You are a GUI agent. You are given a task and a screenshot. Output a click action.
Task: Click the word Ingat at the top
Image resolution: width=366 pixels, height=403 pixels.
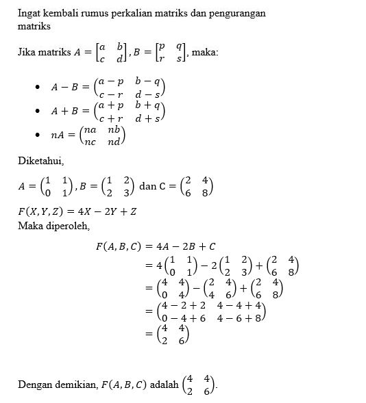point(29,13)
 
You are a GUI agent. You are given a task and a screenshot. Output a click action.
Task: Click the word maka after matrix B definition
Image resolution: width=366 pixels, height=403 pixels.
point(206,52)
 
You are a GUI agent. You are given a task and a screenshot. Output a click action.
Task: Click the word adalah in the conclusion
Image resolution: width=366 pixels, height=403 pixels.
point(162,385)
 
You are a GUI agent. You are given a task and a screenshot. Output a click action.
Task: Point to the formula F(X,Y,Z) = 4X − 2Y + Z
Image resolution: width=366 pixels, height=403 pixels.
point(77,211)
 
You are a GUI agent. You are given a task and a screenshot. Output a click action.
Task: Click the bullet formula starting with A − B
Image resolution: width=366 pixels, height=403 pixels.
point(108,87)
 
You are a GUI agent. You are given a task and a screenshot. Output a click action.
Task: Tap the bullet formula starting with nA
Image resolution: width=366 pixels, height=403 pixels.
point(88,135)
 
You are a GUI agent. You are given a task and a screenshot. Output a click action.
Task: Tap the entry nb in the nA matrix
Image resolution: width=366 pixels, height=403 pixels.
point(113,129)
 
